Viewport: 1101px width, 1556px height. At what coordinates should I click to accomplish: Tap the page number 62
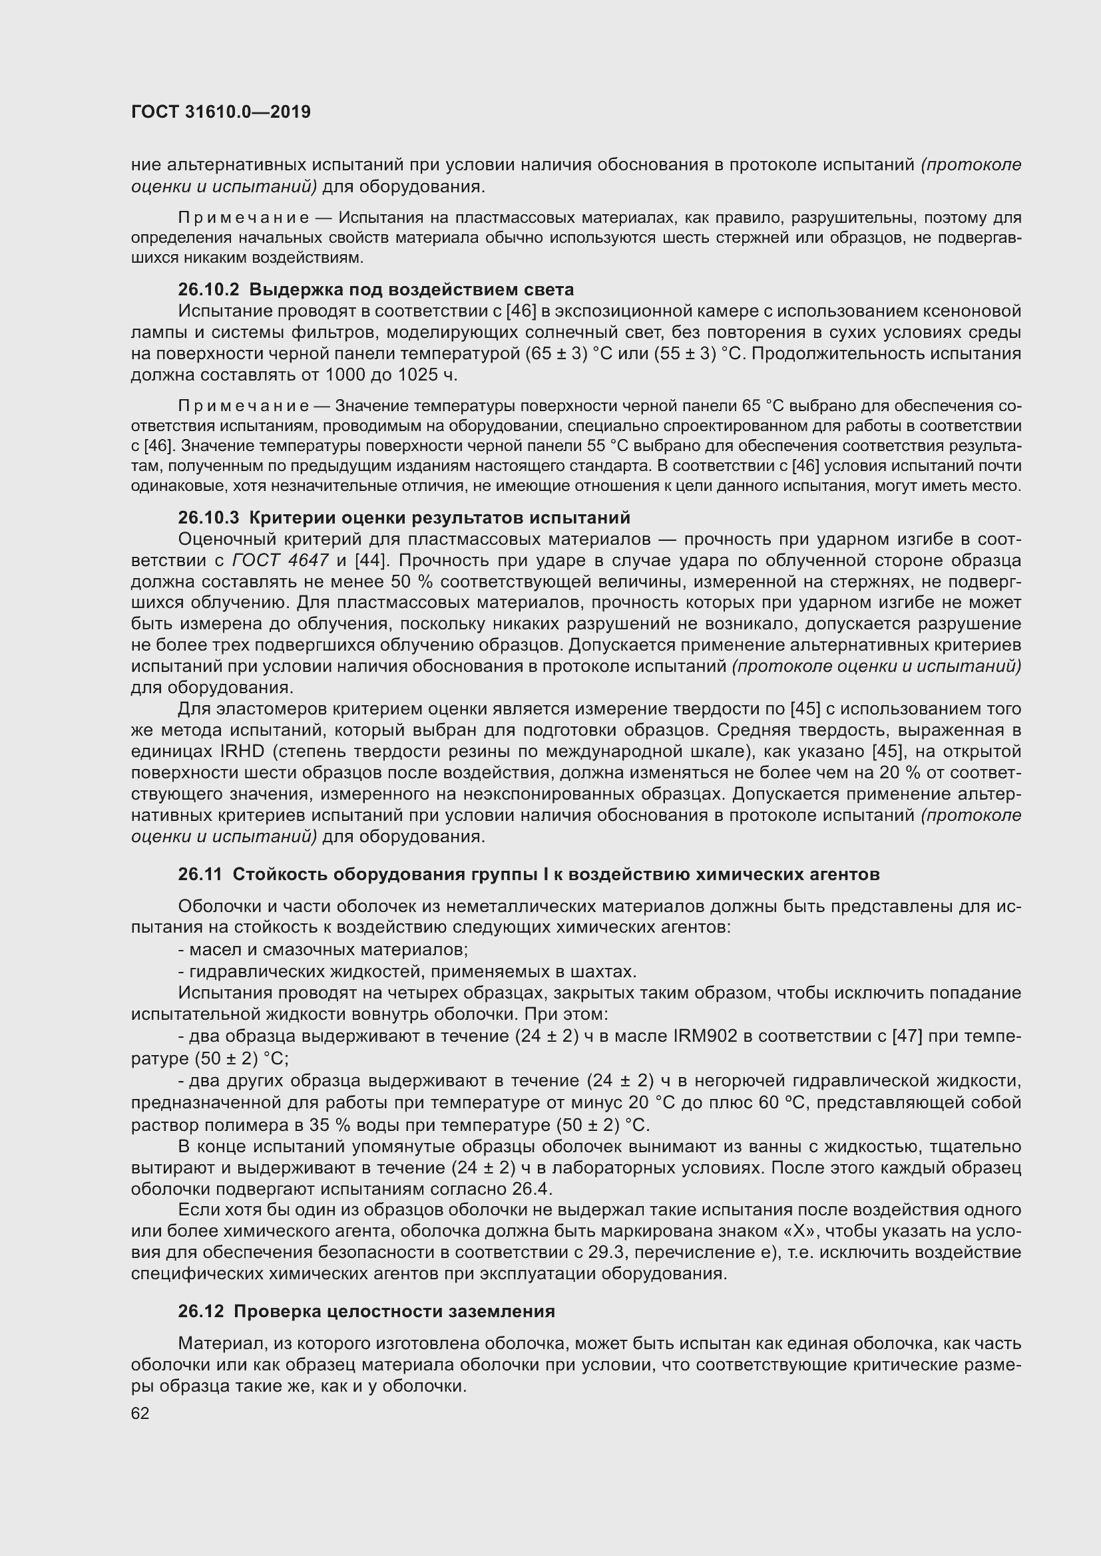click(140, 1413)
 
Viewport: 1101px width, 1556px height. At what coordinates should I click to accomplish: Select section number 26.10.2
click(208, 289)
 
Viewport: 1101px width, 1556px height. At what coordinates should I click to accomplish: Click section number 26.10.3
click(208, 518)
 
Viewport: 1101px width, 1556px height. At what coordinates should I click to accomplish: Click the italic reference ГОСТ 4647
click(280, 560)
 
